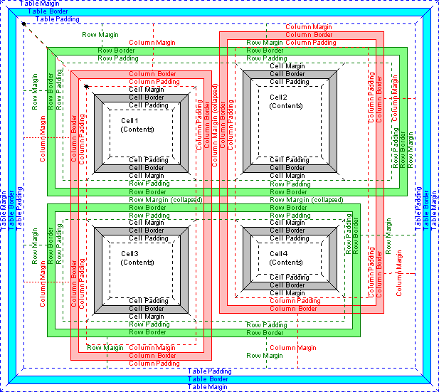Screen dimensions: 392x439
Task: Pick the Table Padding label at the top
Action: [x=58, y=19]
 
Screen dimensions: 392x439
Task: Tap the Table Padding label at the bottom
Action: [x=211, y=371]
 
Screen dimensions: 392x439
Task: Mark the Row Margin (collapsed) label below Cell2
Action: [x=307, y=200]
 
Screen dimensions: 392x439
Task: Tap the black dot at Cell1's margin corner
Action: [x=86, y=87]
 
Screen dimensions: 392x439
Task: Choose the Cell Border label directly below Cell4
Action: [x=287, y=285]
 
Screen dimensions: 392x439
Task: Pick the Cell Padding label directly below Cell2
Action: [x=287, y=160]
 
